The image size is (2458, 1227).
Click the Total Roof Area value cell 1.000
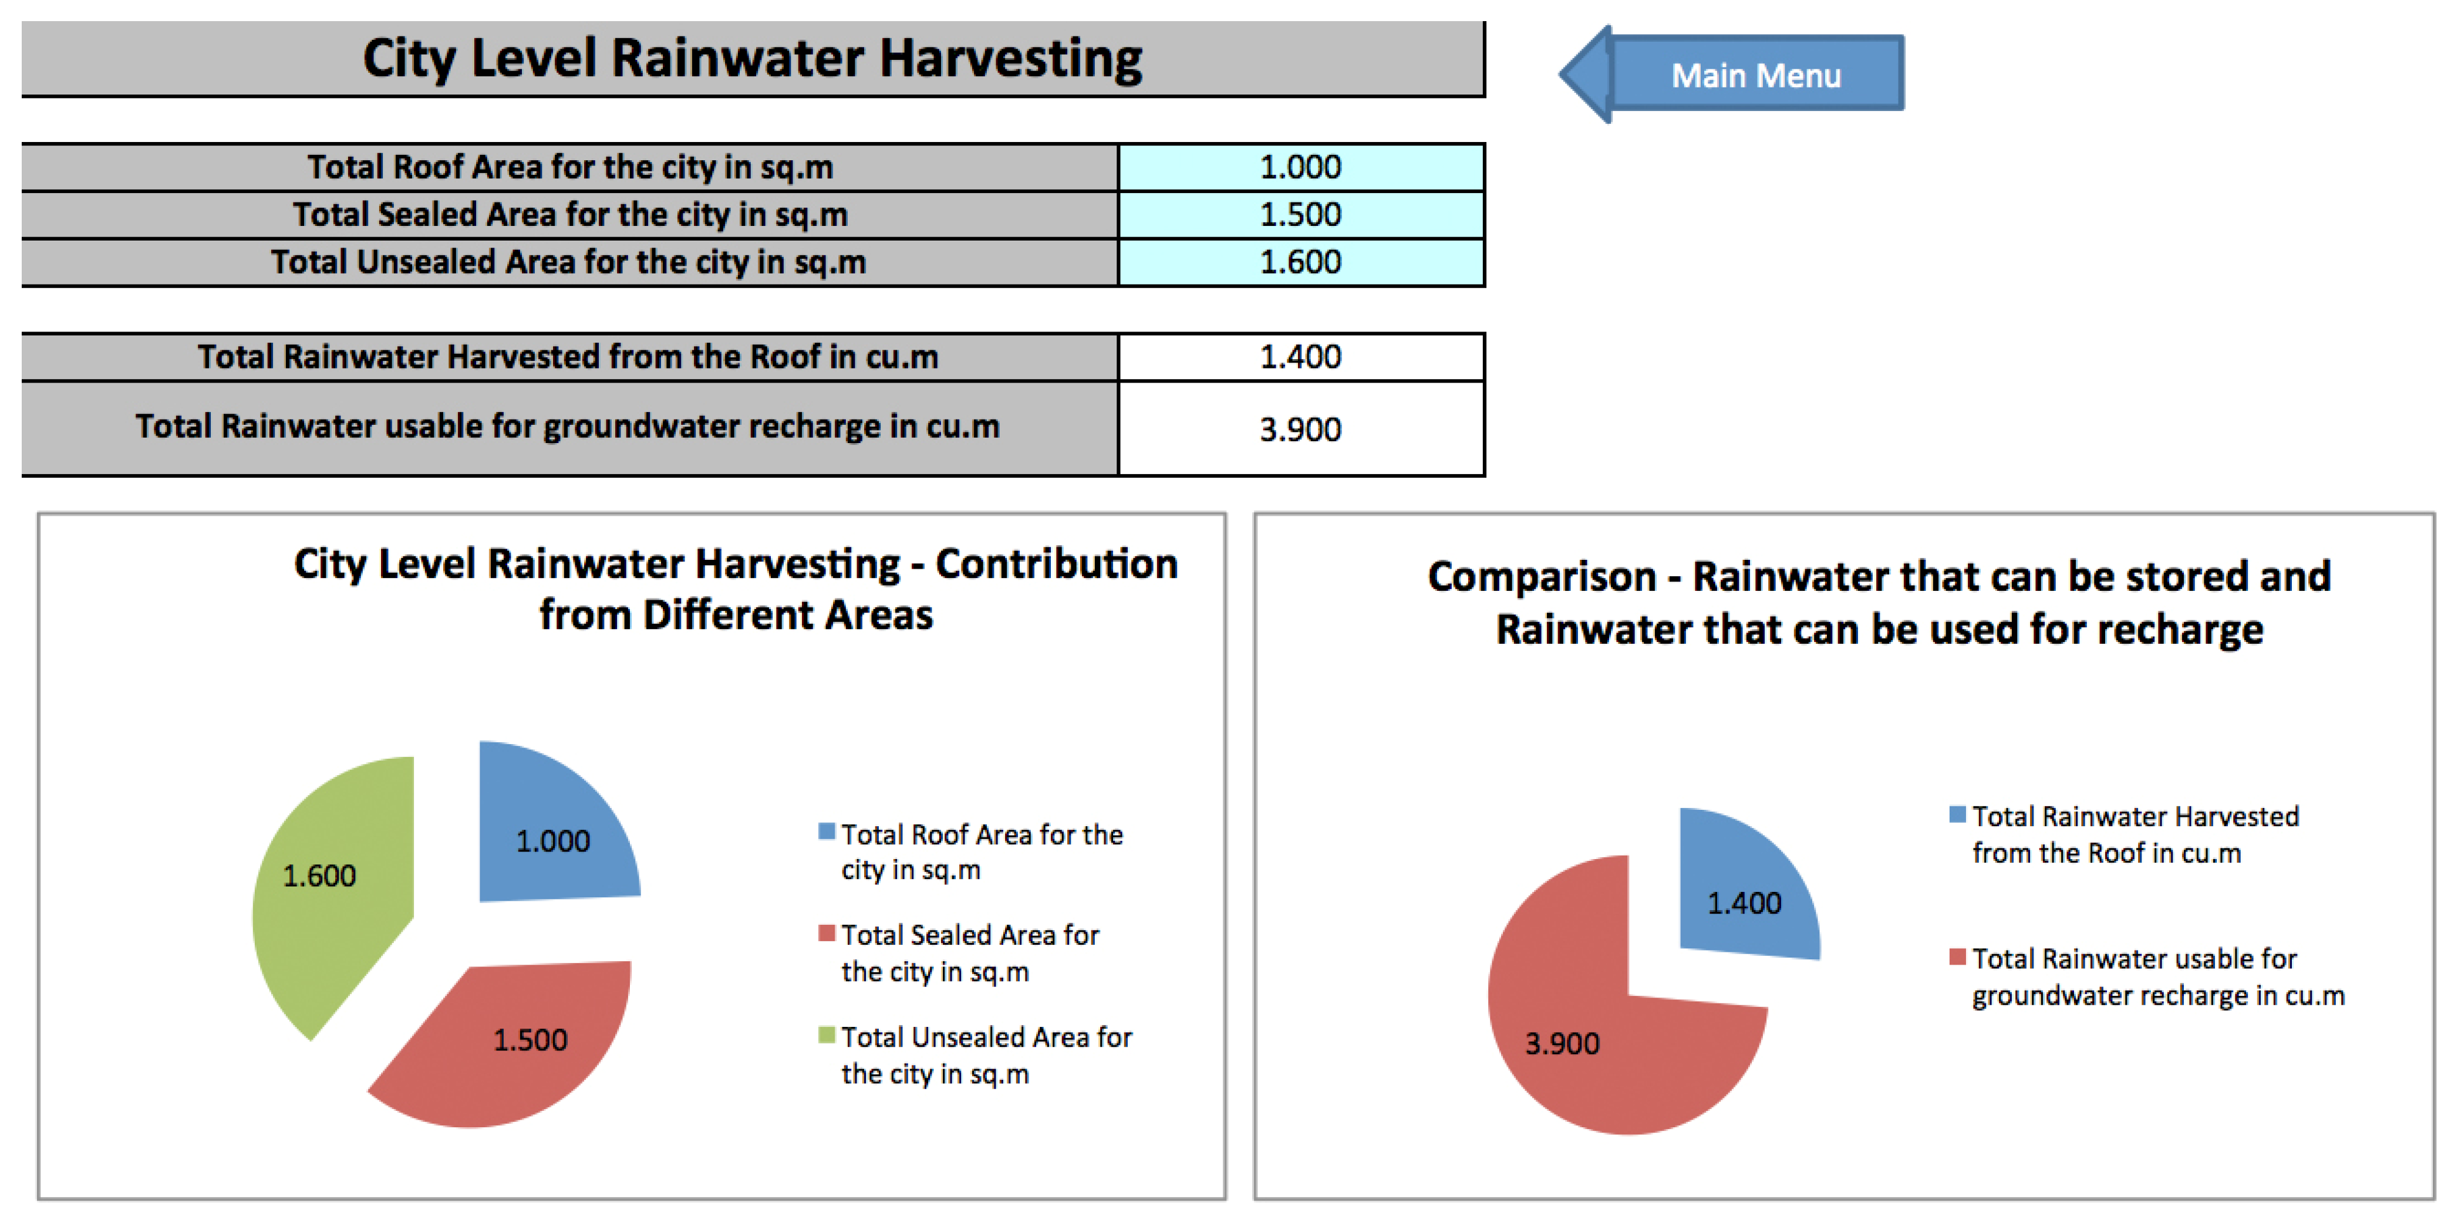[x=1300, y=167]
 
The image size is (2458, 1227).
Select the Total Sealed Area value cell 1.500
[x=1300, y=215]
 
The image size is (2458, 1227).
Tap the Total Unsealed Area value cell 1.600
[x=1300, y=262]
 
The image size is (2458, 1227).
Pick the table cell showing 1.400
[x=1300, y=357]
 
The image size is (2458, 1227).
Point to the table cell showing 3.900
[x=1300, y=428]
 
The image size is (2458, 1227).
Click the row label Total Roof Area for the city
[x=569, y=167]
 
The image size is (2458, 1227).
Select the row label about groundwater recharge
[x=568, y=427]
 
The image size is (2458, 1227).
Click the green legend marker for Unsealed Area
[x=827, y=1035]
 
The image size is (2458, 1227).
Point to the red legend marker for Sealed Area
[x=827, y=933]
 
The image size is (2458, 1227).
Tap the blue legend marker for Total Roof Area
[x=827, y=831]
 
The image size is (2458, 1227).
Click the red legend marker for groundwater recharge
[x=1957, y=956]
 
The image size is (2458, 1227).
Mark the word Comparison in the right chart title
[x=1541, y=576]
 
